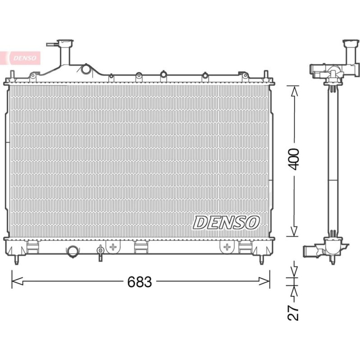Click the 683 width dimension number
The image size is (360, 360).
140,282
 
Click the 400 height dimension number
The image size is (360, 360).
294,159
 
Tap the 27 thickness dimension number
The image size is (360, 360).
293,313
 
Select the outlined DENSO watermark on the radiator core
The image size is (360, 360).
226,222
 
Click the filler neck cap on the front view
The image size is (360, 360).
65,43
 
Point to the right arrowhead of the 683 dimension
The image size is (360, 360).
264,281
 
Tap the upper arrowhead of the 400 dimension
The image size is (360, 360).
294,91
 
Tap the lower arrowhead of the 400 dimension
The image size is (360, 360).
294,231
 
